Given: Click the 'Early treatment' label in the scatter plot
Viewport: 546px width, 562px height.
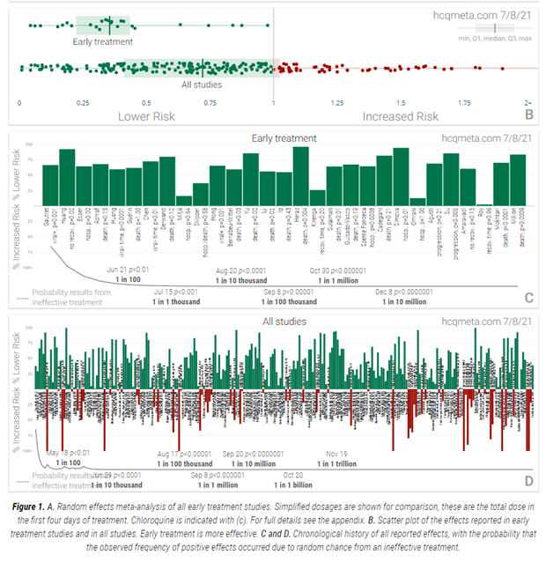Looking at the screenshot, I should click(x=103, y=41).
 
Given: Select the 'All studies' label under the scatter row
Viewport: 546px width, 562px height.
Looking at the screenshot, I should click(x=202, y=85).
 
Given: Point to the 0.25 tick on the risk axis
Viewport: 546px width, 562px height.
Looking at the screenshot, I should click(x=82, y=103).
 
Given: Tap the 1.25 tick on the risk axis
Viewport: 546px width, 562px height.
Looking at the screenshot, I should click(x=336, y=103).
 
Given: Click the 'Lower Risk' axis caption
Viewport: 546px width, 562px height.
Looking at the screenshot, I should click(x=146, y=116).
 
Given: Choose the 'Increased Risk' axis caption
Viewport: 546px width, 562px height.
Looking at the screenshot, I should click(x=401, y=116).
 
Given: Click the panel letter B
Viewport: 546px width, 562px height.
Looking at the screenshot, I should click(x=528, y=115).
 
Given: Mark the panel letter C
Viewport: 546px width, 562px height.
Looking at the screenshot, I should click(x=528, y=297).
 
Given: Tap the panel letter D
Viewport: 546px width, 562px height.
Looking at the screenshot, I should click(x=528, y=481).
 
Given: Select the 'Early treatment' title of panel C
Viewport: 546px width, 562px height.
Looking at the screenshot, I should click(x=284, y=138).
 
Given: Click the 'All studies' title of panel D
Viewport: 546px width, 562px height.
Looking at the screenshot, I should click(x=282, y=322).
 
